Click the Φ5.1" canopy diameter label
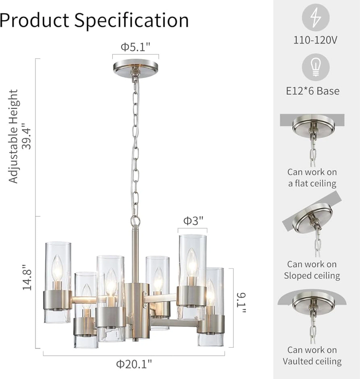click(135, 47)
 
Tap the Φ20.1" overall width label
click(134, 364)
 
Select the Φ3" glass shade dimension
click(193, 221)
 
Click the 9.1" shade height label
click(241, 303)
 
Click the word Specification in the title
click(132, 20)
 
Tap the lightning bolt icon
click(315, 18)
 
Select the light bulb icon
click(316, 67)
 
